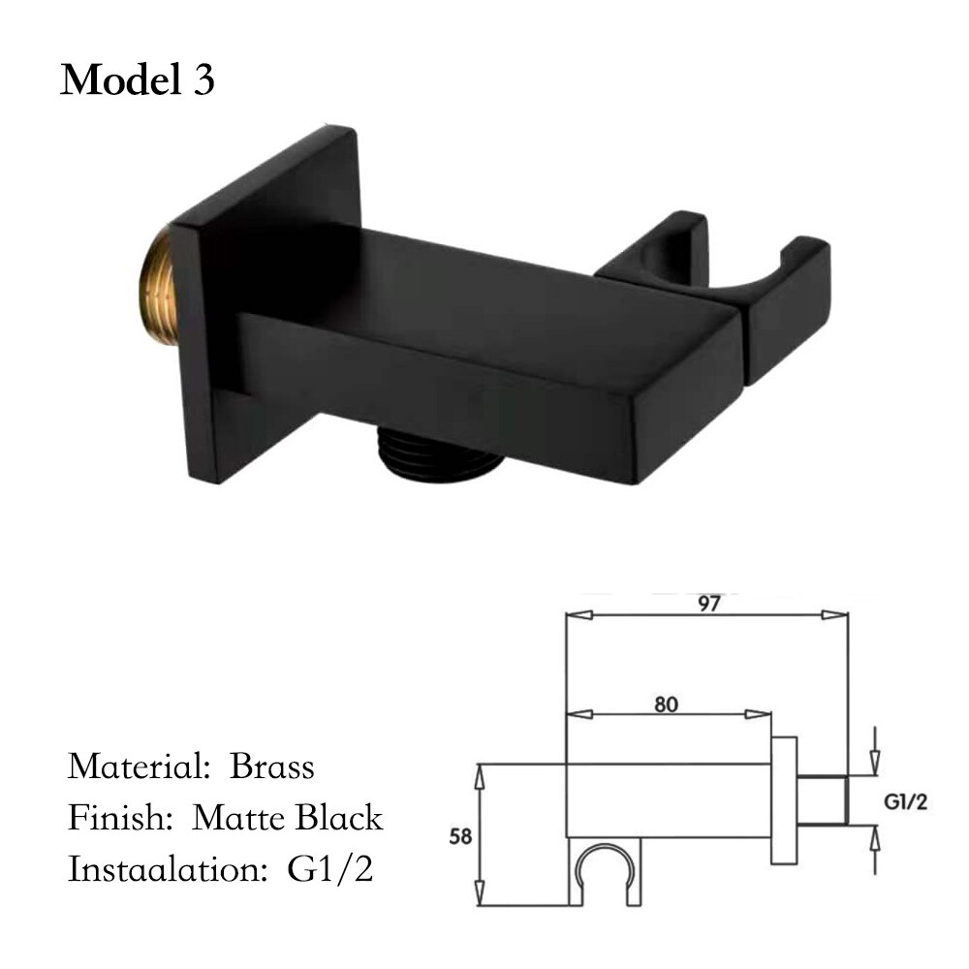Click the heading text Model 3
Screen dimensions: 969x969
138,80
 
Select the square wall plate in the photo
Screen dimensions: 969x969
262,291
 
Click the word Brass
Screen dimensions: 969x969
272,766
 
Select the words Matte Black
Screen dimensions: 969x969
288,818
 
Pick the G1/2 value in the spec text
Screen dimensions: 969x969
331,869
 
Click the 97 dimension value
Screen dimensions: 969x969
708,603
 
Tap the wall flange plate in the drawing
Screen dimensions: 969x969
784,800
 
